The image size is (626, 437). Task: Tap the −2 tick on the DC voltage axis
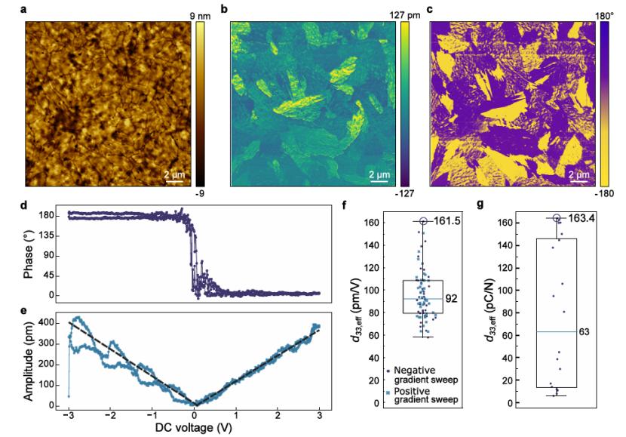[x=111, y=417]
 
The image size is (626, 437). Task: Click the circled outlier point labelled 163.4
[x=557, y=219]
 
